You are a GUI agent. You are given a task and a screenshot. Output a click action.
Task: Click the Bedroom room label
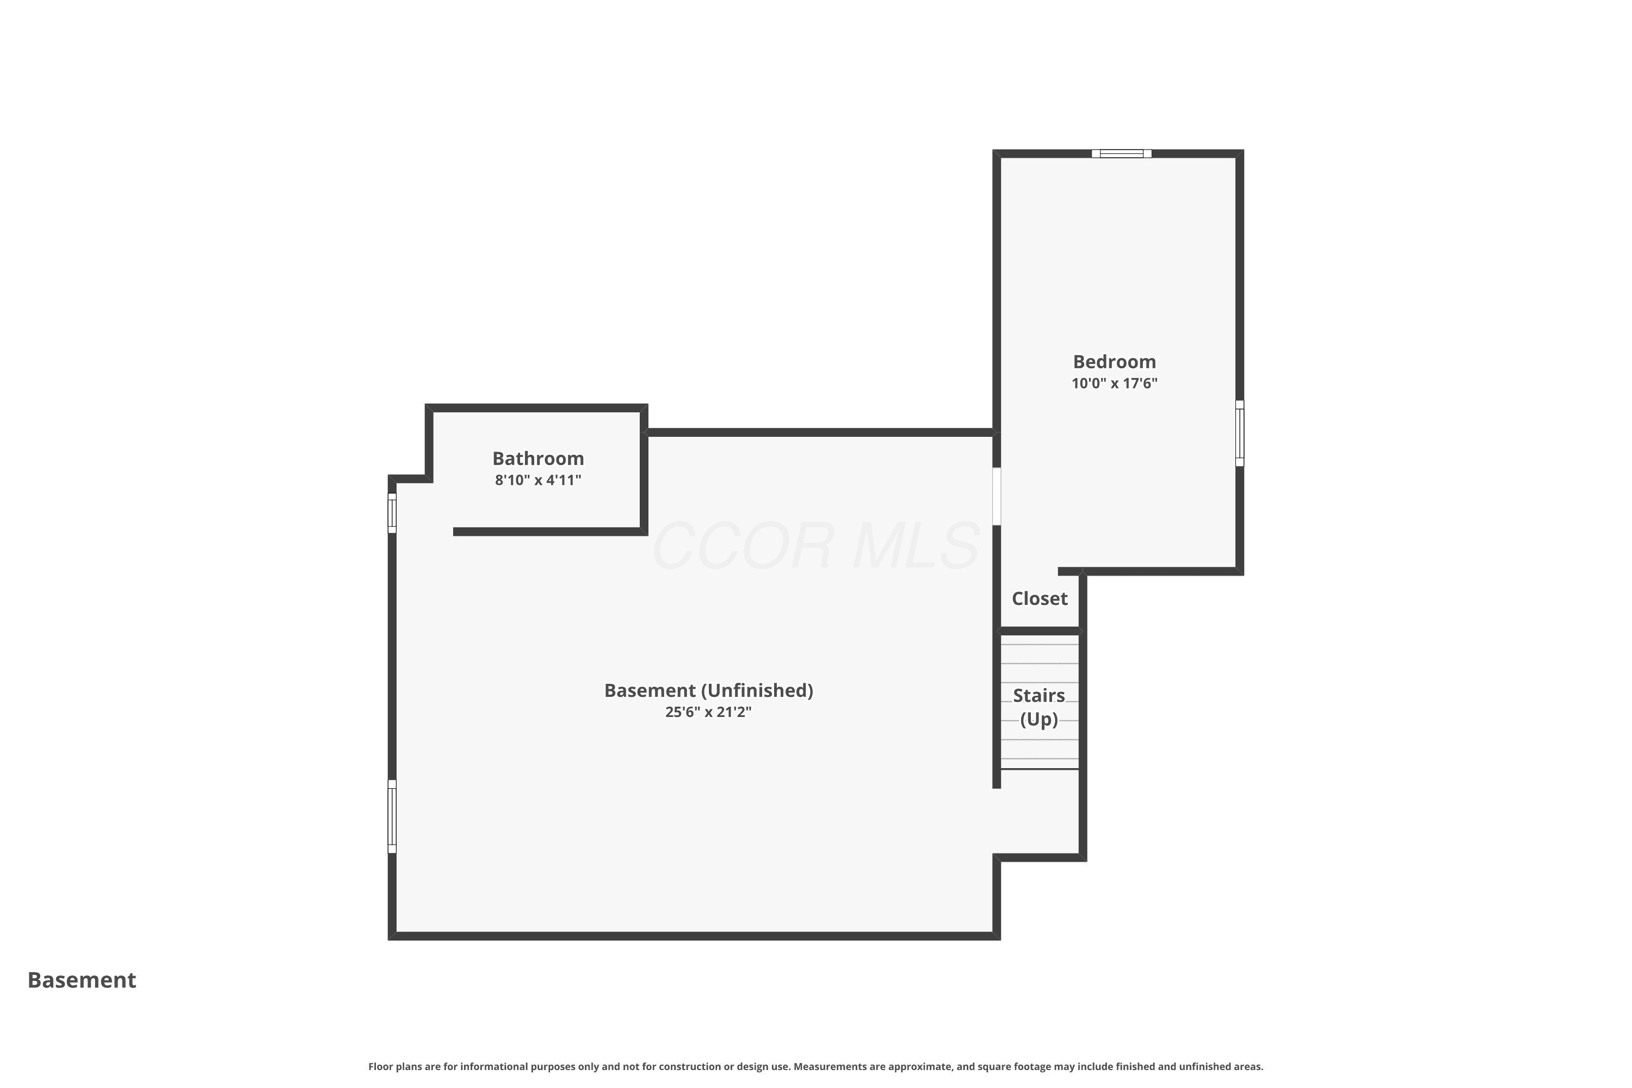pos(1114,362)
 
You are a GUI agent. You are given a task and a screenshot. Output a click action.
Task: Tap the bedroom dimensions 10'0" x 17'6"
pos(1114,383)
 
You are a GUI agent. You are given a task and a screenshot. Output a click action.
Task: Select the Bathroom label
pos(538,459)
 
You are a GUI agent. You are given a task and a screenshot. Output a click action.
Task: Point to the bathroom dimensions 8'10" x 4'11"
pos(538,480)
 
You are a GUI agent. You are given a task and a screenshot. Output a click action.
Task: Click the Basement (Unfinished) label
pos(708,690)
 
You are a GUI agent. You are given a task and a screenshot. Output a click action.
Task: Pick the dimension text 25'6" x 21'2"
pos(708,712)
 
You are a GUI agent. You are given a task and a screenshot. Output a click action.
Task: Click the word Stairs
pos(1038,695)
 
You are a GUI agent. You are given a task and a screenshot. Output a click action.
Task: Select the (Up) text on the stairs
pos(1038,720)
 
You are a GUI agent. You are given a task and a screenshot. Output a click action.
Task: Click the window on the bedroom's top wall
pos(1121,153)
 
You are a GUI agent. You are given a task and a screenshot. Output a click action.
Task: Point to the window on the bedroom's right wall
pos(1239,433)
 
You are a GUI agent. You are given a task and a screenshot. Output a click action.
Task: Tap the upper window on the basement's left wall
pos(392,513)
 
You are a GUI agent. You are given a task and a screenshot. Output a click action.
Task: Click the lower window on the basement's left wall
pos(392,816)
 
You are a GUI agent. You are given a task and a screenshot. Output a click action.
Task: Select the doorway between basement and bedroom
pos(997,496)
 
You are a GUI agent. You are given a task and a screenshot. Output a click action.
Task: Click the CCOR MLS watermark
pos(816,546)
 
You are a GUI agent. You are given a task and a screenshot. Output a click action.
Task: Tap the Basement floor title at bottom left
pos(82,980)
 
